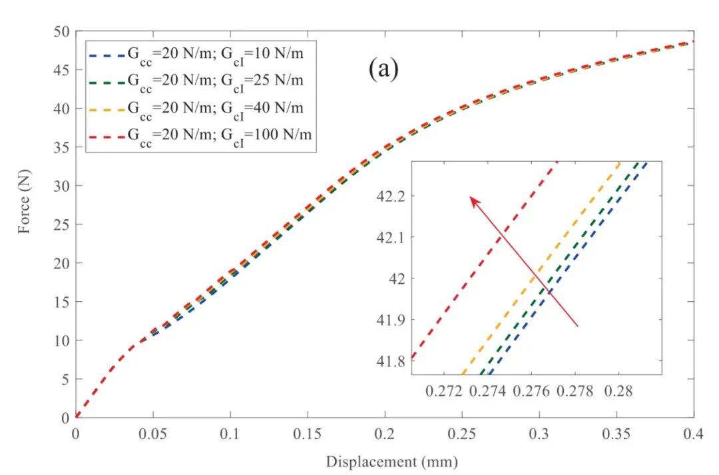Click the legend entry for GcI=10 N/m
pyautogui.click(x=196, y=55)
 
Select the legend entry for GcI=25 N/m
pyautogui.click(x=196, y=82)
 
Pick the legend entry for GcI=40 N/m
pyautogui.click(x=196, y=109)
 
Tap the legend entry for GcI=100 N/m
pyautogui.click(x=200, y=137)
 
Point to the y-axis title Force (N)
pyautogui.click(x=24, y=202)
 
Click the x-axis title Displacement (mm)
pyautogui.click(x=392, y=461)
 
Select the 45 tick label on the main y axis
pyautogui.click(x=61, y=70)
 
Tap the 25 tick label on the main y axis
pyautogui.click(x=61, y=225)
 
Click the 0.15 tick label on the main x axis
pyautogui.click(x=308, y=434)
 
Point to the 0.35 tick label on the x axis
pyautogui.click(x=616, y=434)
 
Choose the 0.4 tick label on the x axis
pyautogui.click(x=693, y=434)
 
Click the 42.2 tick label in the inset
pyautogui.click(x=392, y=197)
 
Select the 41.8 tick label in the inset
pyautogui.click(x=392, y=362)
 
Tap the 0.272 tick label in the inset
pyautogui.click(x=444, y=392)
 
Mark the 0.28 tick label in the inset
pyautogui.click(x=618, y=392)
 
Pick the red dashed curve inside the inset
pyautogui.click(x=485, y=260)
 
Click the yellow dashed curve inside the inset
pyautogui.click(x=541, y=268)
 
